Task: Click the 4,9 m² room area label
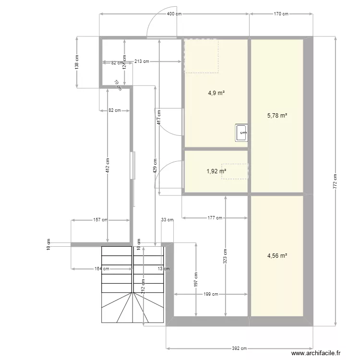pos(216,93)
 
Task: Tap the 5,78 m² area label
pos(277,115)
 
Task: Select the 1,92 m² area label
pos(216,171)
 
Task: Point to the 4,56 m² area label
pos(277,256)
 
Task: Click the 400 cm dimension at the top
pos(174,14)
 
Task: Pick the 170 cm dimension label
pos(281,14)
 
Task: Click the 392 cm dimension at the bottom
pos(239,349)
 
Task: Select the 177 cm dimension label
pos(215,218)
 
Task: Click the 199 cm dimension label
pos(211,294)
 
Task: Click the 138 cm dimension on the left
pos(77,62)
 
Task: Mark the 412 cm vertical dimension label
pos(107,166)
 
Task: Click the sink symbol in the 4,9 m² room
pos(241,132)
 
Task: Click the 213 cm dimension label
pos(142,61)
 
